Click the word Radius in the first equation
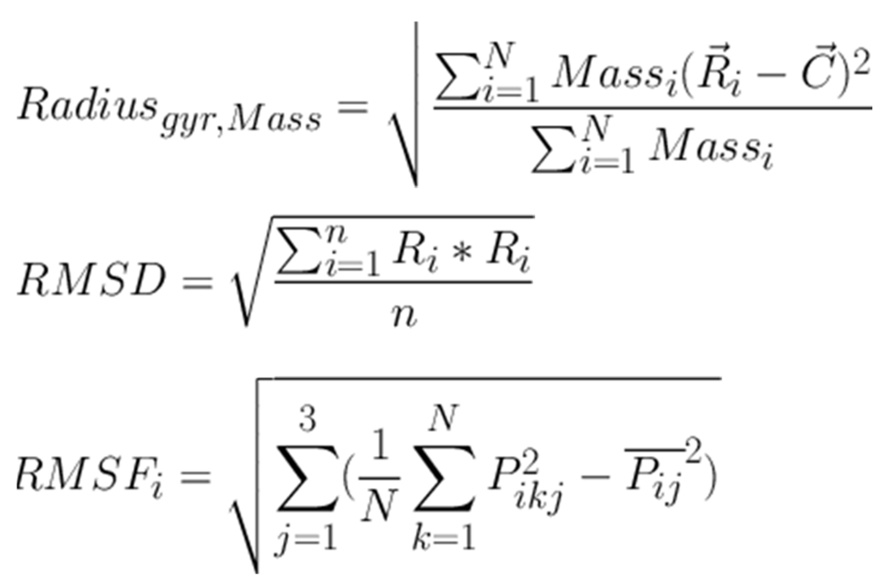pyautogui.click(x=87, y=104)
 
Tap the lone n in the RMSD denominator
pyautogui.click(x=404, y=315)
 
